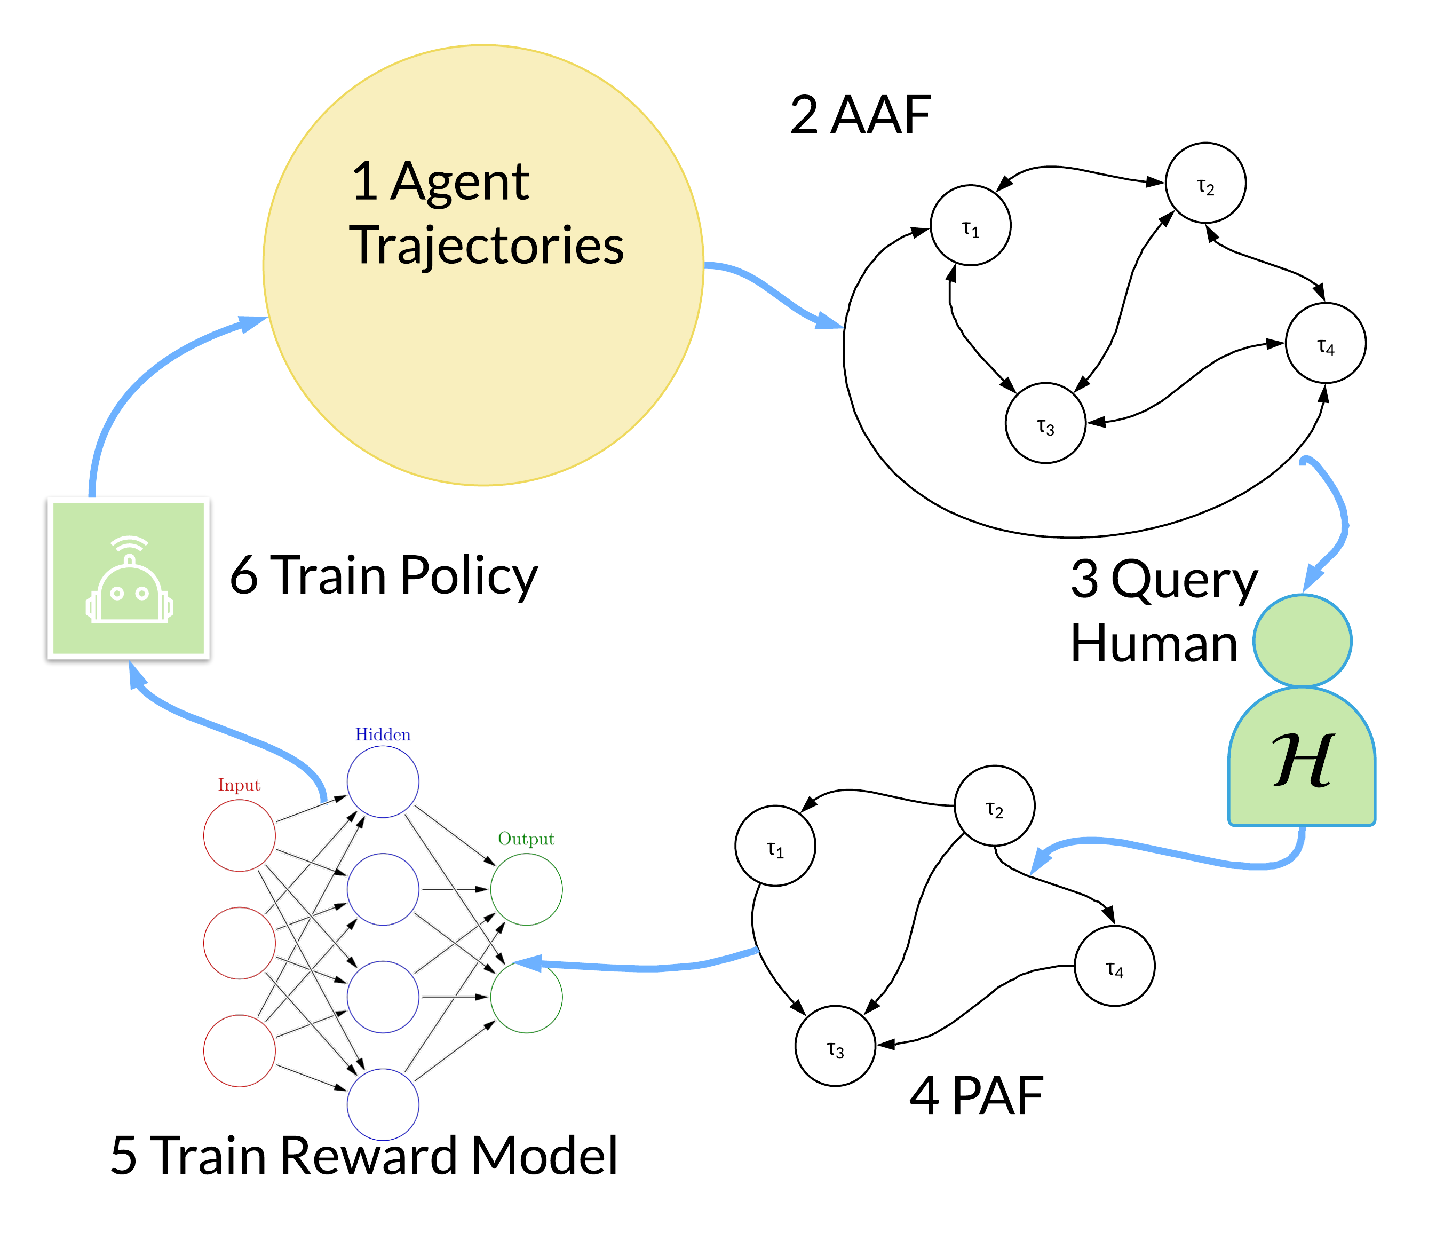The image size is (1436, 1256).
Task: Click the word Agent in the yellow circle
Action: click(x=459, y=182)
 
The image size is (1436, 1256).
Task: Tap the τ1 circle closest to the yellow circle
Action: click(x=970, y=226)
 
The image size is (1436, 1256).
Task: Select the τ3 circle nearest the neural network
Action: click(x=835, y=1046)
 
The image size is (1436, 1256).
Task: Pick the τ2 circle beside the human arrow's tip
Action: click(x=994, y=806)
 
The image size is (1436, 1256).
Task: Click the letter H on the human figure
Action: click(x=1302, y=761)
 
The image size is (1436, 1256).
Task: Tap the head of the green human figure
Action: click(x=1302, y=640)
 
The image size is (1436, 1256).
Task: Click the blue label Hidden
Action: click(x=383, y=734)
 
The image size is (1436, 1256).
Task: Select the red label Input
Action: click(x=239, y=785)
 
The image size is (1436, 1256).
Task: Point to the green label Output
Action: click(x=526, y=839)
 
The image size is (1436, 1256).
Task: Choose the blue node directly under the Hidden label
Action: click(x=383, y=781)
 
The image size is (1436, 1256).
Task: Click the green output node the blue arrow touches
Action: click(x=526, y=996)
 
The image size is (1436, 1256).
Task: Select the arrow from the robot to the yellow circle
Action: click(x=140, y=378)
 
